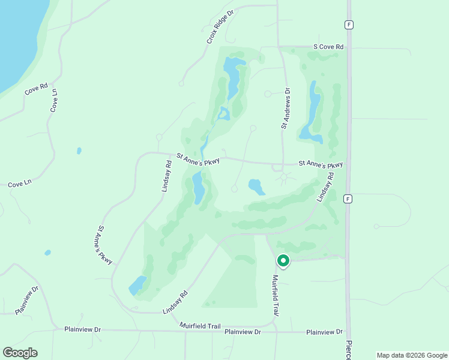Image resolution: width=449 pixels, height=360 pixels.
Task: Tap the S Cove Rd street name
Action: click(x=327, y=47)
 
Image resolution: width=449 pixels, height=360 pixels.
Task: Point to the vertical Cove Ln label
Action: click(x=55, y=100)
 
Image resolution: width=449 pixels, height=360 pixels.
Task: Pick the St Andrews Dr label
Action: click(x=286, y=109)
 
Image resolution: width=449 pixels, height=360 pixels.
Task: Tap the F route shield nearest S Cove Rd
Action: click(x=348, y=25)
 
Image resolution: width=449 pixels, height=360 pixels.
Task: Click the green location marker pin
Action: click(x=283, y=261)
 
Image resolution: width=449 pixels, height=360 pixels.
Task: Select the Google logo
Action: click(x=20, y=352)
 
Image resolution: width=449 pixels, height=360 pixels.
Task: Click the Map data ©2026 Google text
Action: click(x=411, y=355)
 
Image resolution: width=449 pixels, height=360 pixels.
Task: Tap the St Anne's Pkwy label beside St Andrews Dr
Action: click(x=321, y=164)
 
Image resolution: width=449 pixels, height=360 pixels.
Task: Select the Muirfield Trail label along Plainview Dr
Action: click(x=200, y=326)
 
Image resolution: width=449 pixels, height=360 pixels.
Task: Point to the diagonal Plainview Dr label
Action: click(x=27, y=299)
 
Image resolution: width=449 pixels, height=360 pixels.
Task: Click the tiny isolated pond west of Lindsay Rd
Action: click(x=79, y=151)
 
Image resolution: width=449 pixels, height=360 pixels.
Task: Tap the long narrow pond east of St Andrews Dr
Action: click(x=313, y=108)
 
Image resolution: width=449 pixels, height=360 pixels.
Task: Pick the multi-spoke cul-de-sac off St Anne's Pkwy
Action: click(x=285, y=178)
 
